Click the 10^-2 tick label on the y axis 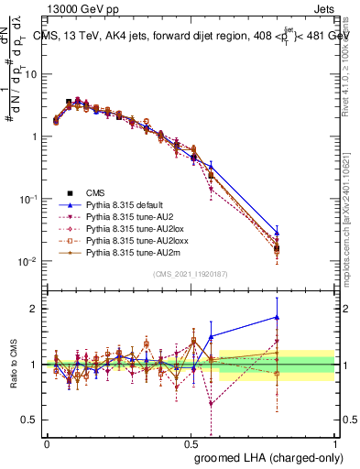(29, 261)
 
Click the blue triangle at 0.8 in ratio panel (277, 317)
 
